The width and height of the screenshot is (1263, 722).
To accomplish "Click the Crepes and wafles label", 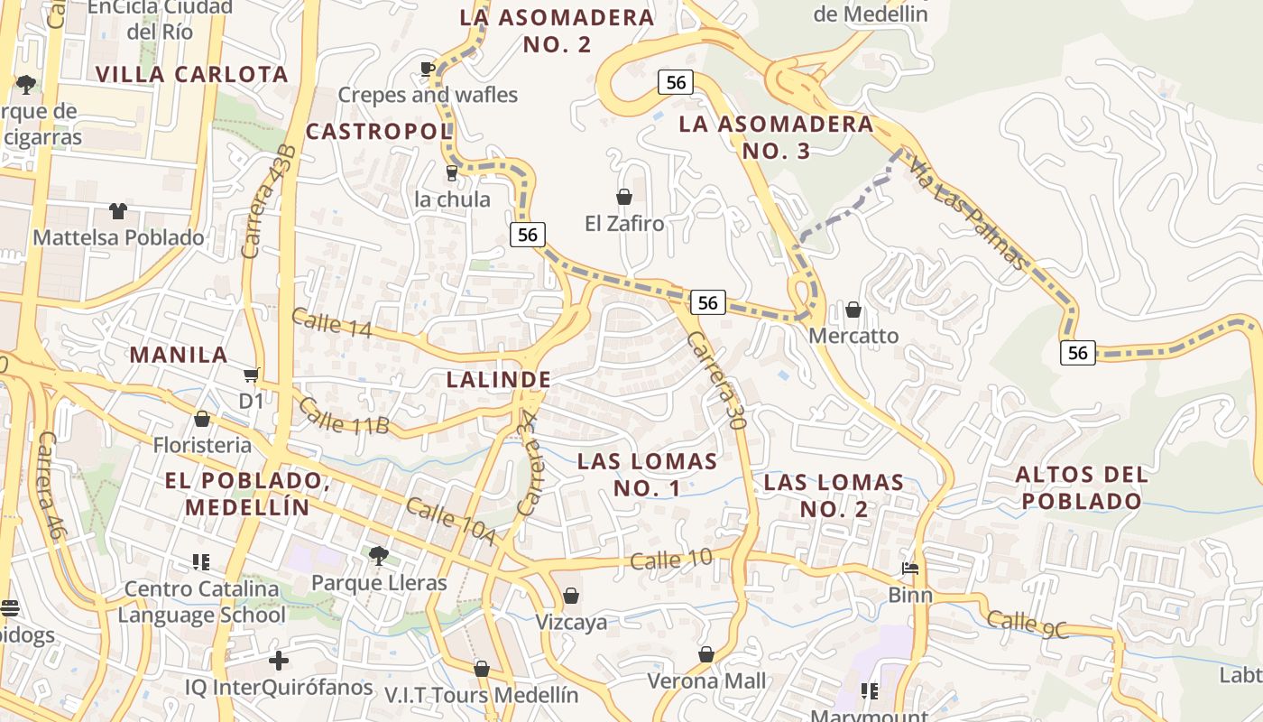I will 428,95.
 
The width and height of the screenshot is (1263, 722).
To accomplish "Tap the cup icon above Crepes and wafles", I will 428,69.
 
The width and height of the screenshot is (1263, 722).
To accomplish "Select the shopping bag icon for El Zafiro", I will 623,197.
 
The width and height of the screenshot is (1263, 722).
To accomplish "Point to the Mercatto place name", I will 853,336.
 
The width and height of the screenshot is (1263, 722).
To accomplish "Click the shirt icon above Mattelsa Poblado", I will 118,211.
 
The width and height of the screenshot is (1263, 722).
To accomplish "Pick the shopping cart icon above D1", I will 251,375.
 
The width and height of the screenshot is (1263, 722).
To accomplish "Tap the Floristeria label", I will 202,445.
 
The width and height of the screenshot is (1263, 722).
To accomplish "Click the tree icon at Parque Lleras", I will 379,555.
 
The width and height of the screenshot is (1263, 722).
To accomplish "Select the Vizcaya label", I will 571,622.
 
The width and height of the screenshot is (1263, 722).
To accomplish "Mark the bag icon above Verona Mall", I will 706,654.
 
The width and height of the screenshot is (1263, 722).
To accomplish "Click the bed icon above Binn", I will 910,569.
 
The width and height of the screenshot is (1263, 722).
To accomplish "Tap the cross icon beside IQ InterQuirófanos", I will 279,661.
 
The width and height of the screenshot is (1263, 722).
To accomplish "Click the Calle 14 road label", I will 331,323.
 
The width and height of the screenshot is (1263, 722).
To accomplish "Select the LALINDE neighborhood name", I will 498,380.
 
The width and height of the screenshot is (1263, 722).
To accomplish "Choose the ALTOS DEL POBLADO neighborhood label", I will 1082,487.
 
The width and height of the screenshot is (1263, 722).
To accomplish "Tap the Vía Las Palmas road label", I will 967,214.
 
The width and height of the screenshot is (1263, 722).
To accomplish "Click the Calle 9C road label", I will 1027,625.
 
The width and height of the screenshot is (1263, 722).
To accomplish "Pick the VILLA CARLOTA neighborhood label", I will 191,74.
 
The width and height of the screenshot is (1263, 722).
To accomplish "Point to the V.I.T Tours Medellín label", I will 481,695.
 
